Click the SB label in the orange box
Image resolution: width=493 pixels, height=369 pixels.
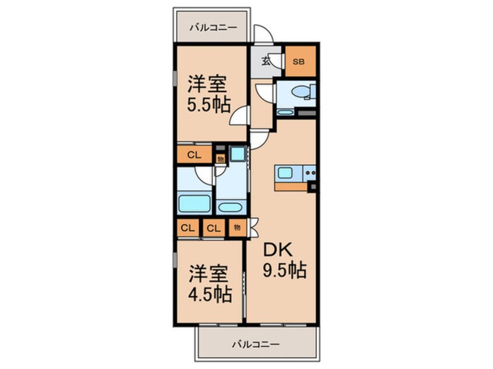pyautogui.click(x=298, y=62)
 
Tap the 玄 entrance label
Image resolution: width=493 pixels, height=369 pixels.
pyautogui.click(x=266, y=61)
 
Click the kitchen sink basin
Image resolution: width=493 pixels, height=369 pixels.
pyautogui.click(x=285, y=173)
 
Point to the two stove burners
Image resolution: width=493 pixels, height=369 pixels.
pyautogui.click(x=310, y=172)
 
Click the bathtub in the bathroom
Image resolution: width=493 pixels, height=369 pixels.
pyautogui.click(x=194, y=204)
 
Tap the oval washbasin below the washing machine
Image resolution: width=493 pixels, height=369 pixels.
pyautogui.click(x=230, y=207)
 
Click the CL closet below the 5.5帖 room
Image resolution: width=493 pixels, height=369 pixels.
pyautogui.click(x=194, y=154)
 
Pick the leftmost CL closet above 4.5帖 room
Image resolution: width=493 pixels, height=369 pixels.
pyautogui.click(x=188, y=228)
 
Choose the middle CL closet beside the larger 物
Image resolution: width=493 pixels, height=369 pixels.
pyautogui.click(x=214, y=228)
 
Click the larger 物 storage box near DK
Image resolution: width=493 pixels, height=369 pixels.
pyautogui.click(x=238, y=228)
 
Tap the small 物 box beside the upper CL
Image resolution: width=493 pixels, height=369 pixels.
pyautogui.click(x=221, y=159)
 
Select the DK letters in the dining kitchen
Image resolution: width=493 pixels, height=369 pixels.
pyautogui.click(x=278, y=250)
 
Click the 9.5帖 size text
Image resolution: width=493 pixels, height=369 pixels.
pyautogui.click(x=284, y=270)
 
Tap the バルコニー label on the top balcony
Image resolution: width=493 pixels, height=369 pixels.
pyautogui.click(x=213, y=28)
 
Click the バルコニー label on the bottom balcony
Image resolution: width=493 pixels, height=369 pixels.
pyautogui.click(x=256, y=345)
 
